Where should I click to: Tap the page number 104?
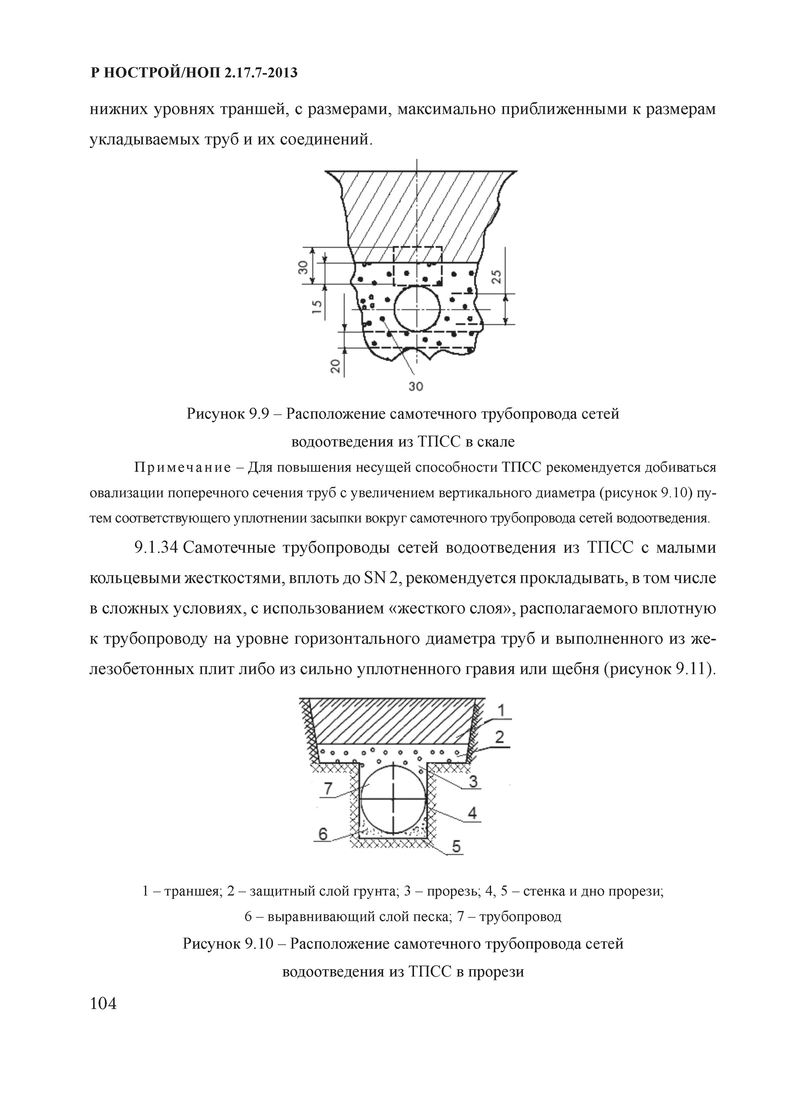point(103,1003)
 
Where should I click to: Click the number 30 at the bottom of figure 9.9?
point(416,386)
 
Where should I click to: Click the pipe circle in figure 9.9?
point(417,309)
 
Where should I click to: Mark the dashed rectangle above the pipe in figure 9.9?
point(417,266)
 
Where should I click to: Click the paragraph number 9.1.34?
point(157,548)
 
